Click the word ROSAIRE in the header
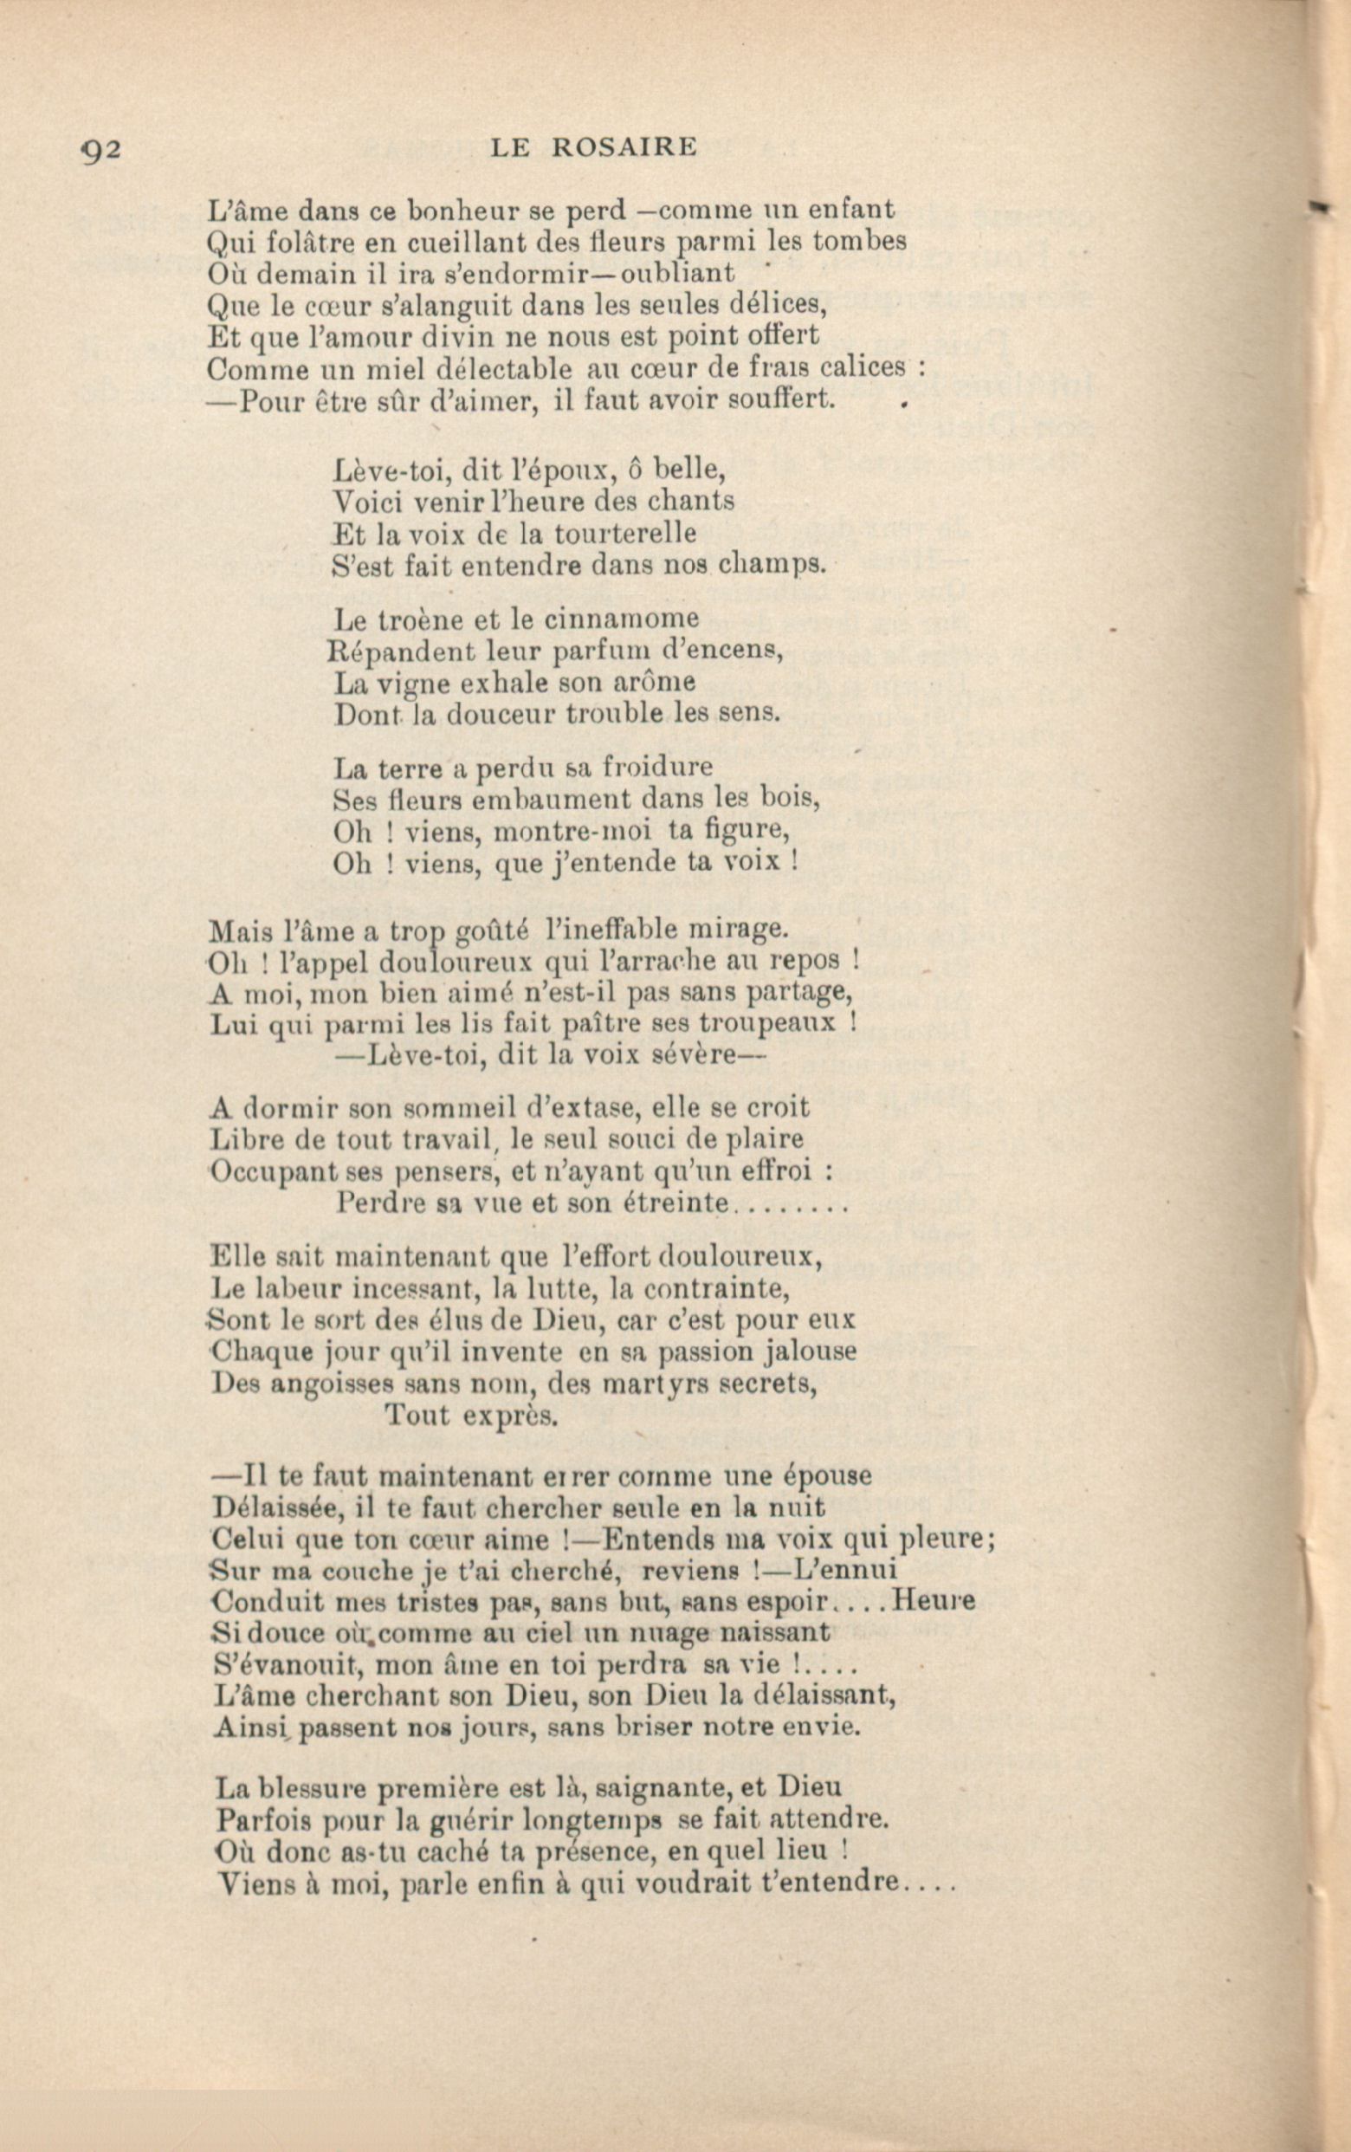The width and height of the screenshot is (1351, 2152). (x=623, y=147)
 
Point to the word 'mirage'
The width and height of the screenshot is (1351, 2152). (x=745, y=930)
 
